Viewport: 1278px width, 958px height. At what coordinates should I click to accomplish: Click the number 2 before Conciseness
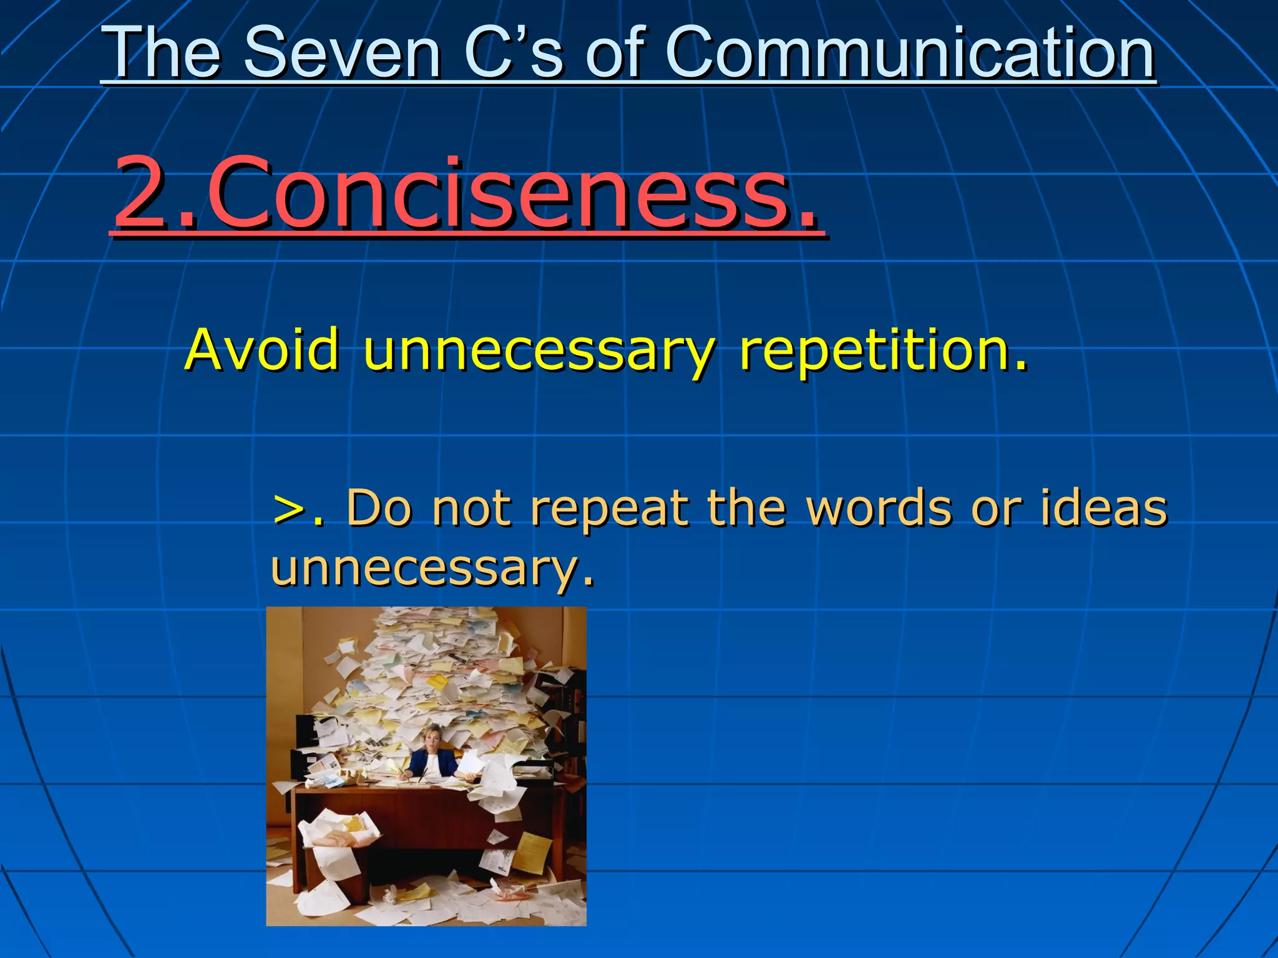142,193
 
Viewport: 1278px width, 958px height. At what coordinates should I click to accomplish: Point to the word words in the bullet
879,508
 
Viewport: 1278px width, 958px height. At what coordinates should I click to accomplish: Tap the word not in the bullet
471,508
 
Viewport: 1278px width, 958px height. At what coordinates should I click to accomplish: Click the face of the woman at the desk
432,740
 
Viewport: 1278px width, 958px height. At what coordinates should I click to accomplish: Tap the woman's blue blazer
431,764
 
